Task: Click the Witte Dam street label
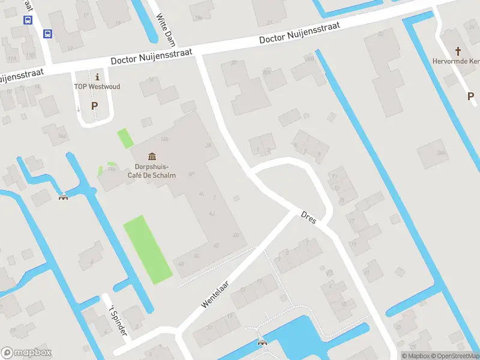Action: point(164,27)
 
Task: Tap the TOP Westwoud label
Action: point(97,86)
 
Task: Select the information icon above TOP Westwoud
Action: point(97,76)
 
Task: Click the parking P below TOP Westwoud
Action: point(94,106)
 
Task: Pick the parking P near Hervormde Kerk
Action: point(471,96)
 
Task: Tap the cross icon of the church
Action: point(459,51)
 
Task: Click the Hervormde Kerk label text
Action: point(456,61)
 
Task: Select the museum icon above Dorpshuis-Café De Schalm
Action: point(150,156)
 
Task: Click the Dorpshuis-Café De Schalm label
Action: point(151,170)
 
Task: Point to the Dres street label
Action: point(308,215)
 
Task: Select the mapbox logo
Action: point(26,353)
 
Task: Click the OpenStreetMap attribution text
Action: point(452,356)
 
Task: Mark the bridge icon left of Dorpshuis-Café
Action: point(62,197)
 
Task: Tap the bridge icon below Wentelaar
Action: point(262,343)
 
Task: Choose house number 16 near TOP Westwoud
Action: point(151,80)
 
